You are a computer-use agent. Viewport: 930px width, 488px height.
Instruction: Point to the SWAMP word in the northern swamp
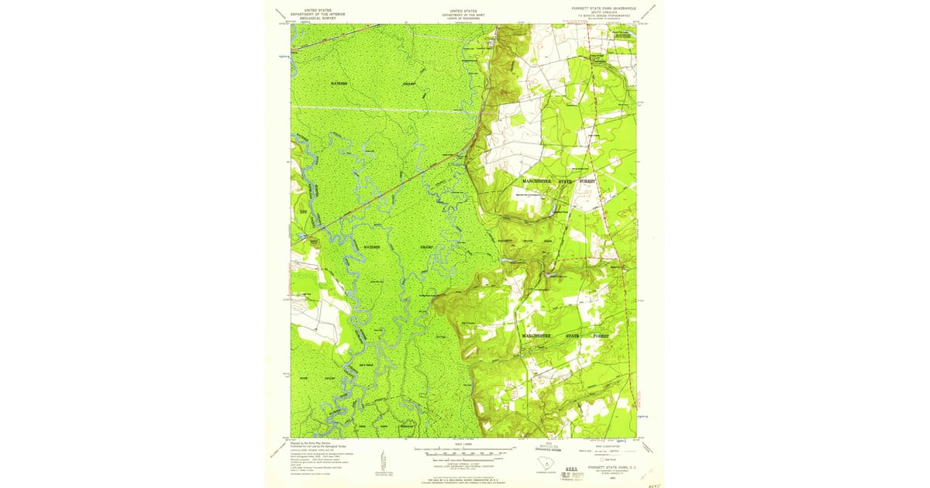(408, 82)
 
